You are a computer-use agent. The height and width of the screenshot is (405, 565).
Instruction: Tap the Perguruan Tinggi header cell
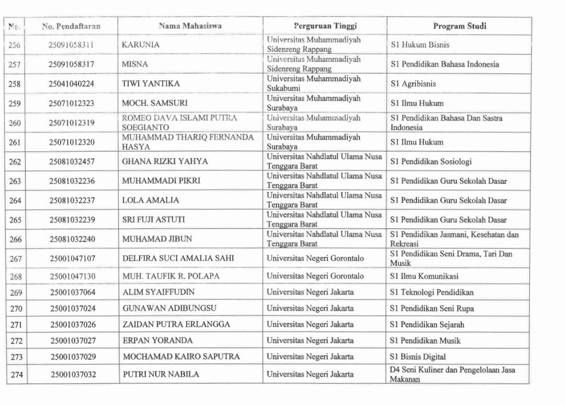click(x=324, y=26)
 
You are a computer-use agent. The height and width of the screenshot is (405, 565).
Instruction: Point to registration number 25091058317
click(x=72, y=64)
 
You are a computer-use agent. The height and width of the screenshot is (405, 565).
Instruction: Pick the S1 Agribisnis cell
click(x=413, y=84)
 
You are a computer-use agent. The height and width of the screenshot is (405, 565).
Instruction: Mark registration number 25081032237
click(x=72, y=200)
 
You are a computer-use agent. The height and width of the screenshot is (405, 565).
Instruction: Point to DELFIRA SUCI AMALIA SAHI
click(x=178, y=258)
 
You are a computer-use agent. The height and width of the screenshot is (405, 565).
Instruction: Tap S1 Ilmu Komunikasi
click(x=423, y=276)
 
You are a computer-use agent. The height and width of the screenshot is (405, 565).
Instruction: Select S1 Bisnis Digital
click(x=418, y=357)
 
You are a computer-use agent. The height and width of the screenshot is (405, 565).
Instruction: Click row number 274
click(x=17, y=375)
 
